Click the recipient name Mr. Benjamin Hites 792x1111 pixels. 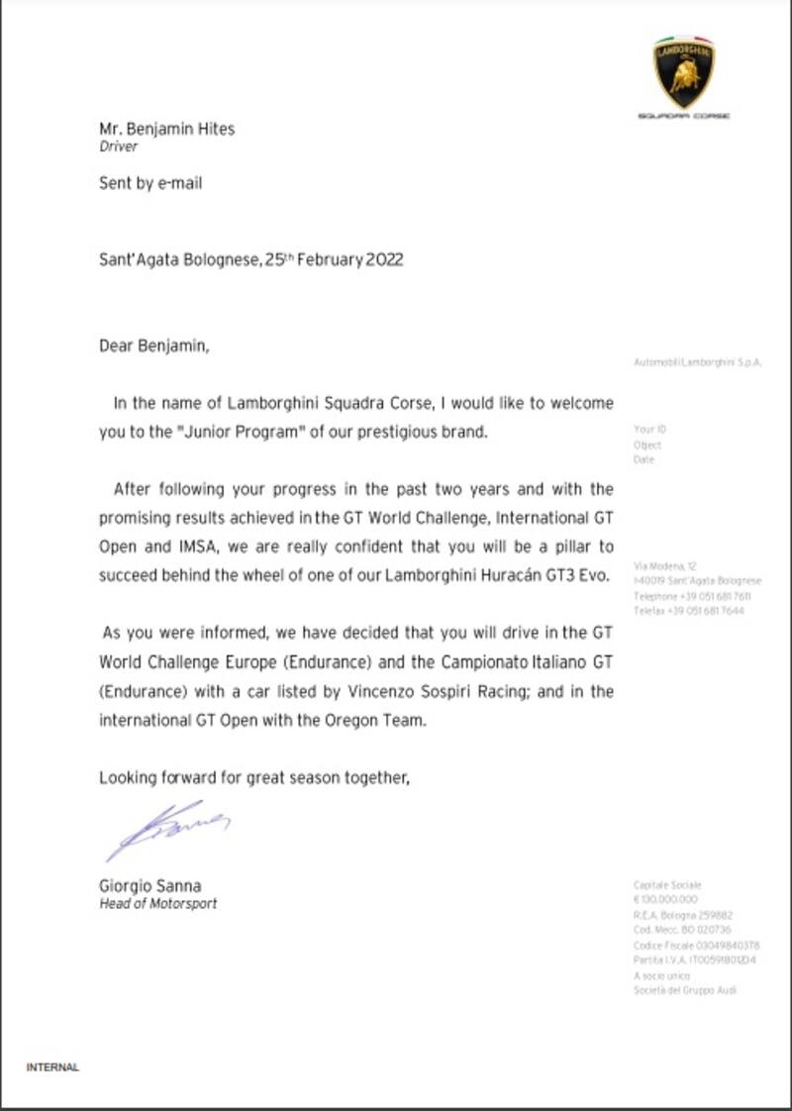(166, 129)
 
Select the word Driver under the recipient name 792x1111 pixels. (118, 148)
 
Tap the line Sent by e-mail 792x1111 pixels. (149, 183)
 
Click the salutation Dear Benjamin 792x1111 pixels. (154, 347)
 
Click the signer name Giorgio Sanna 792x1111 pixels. (149, 886)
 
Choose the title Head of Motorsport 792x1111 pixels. (157, 904)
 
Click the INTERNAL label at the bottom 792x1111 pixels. (52, 1067)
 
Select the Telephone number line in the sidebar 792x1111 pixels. (691, 597)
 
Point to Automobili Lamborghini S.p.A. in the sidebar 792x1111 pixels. (698, 362)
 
